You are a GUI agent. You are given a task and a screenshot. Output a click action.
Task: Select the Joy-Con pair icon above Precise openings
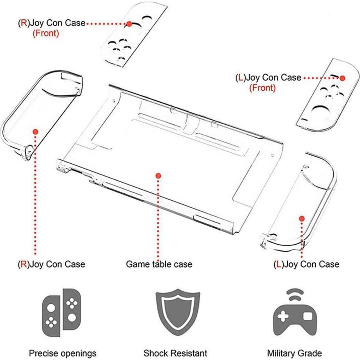pyautogui.click(x=62, y=312)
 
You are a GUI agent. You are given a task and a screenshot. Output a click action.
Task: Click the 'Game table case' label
pyautogui.click(x=159, y=264)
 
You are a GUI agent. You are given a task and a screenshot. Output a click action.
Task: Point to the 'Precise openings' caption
pyautogui.click(x=62, y=353)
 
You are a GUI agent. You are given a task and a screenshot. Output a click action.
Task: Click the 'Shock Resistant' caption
pyautogui.click(x=175, y=353)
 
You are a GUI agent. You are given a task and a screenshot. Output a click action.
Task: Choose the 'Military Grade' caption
pyautogui.click(x=294, y=353)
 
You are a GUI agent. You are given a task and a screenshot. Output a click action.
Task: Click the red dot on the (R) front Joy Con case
pyautogui.click(x=129, y=24)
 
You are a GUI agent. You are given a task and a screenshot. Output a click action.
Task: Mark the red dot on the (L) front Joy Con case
pyautogui.click(x=342, y=78)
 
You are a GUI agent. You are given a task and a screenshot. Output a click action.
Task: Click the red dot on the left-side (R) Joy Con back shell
pyautogui.click(x=36, y=132)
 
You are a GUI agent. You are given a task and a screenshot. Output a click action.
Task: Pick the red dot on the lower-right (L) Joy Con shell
pyautogui.click(x=302, y=219)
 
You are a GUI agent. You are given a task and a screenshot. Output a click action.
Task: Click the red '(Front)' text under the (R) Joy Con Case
pyautogui.click(x=46, y=33)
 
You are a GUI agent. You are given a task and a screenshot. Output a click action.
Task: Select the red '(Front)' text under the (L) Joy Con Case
pyautogui.click(x=262, y=87)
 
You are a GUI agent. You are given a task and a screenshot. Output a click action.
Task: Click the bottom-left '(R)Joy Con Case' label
pyautogui.click(x=51, y=264)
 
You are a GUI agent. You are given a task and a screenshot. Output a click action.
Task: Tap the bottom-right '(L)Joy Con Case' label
pyautogui.click(x=306, y=264)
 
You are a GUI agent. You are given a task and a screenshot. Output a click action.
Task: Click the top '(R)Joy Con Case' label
pyautogui.click(x=51, y=23)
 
